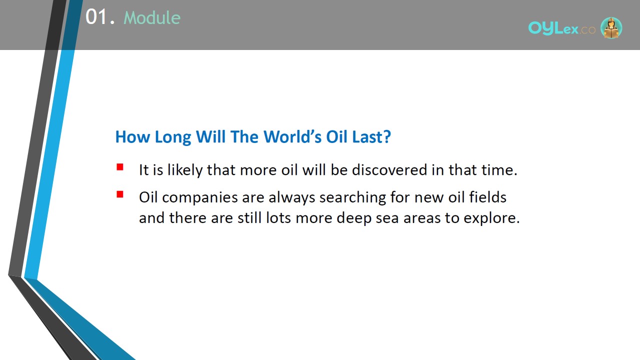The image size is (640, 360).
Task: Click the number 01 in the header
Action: tap(96, 17)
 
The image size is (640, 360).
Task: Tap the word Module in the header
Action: tap(152, 17)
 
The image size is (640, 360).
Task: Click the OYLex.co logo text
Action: tap(561, 28)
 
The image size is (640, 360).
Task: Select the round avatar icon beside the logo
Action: tap(611, 27)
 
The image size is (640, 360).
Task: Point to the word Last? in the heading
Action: tap(371, 136)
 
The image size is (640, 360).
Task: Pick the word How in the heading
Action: tap(132, 137)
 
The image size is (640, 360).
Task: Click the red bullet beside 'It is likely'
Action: tap(120, 167)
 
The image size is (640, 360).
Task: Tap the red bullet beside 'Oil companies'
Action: tap(120, 194)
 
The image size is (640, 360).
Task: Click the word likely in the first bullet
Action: tap(185, 170)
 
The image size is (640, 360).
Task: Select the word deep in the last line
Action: tap(354, 218)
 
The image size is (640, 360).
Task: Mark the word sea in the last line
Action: tap(387, 218)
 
